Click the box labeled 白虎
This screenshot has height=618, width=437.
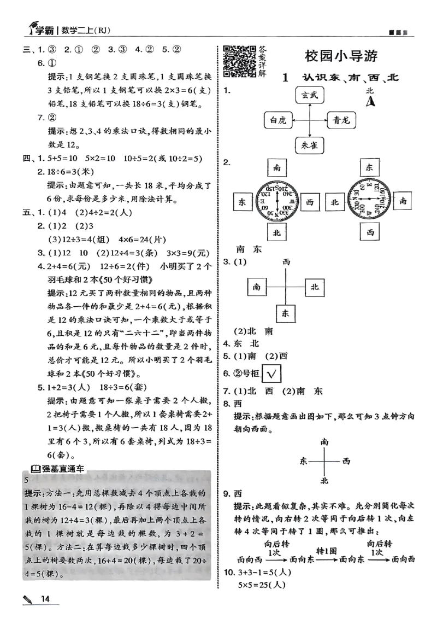click(275, 120)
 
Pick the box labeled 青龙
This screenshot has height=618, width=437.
click(344, 120)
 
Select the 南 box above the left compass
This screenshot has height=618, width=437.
click(277, 167)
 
